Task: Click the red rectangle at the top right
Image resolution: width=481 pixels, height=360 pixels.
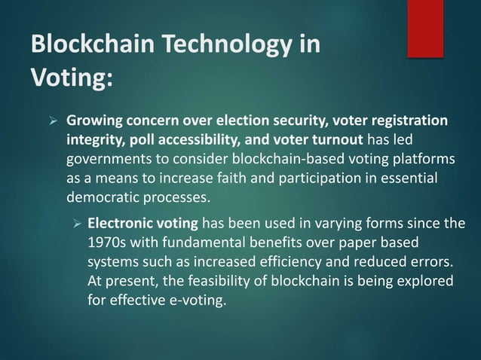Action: click(425, 28)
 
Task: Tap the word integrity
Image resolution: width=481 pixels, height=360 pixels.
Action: click(96, 141)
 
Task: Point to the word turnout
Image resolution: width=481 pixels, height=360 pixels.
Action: click(336, 141)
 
